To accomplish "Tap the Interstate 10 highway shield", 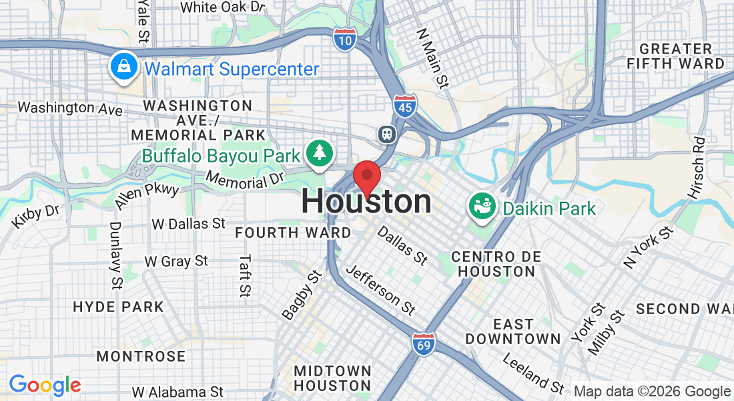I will (344, 39).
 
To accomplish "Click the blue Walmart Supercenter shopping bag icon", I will (125, 68).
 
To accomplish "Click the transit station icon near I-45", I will (387, 134).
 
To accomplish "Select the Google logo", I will (45, 385).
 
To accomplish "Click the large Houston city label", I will (366, 202).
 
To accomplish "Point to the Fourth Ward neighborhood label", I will (293, 233).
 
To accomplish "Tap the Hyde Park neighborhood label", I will (118, 307).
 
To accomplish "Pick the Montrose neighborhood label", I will (141, 356).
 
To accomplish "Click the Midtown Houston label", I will (332, 378).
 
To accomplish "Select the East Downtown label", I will (513, 331).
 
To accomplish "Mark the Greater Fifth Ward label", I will (675, 56).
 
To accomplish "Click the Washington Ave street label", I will (70, 108).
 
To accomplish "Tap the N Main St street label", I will (432, 59).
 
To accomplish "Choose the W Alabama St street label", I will (177, 392).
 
